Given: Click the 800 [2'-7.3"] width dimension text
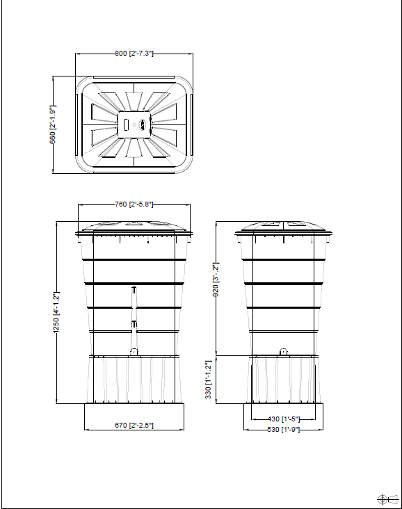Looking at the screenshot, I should [134, 53].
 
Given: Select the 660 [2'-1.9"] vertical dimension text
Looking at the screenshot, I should [53, 124].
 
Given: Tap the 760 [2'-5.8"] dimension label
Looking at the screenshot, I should [134, 204].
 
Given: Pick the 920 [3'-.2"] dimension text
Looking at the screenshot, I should [216, 280].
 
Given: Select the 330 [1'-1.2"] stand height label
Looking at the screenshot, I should [209, 380].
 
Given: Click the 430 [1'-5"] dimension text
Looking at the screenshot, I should [283, 419].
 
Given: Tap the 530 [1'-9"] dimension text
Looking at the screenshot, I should [283, 430].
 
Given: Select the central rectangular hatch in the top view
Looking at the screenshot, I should [135, 124].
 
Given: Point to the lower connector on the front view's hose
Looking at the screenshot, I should [134, 324].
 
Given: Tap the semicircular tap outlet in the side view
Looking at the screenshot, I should [283, 351].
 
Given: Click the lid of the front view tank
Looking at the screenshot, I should [134, 226].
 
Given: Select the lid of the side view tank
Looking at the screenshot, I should [282, 226].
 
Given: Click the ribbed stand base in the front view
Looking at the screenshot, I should [134, 379].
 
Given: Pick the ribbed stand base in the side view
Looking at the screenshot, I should [282, 379].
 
